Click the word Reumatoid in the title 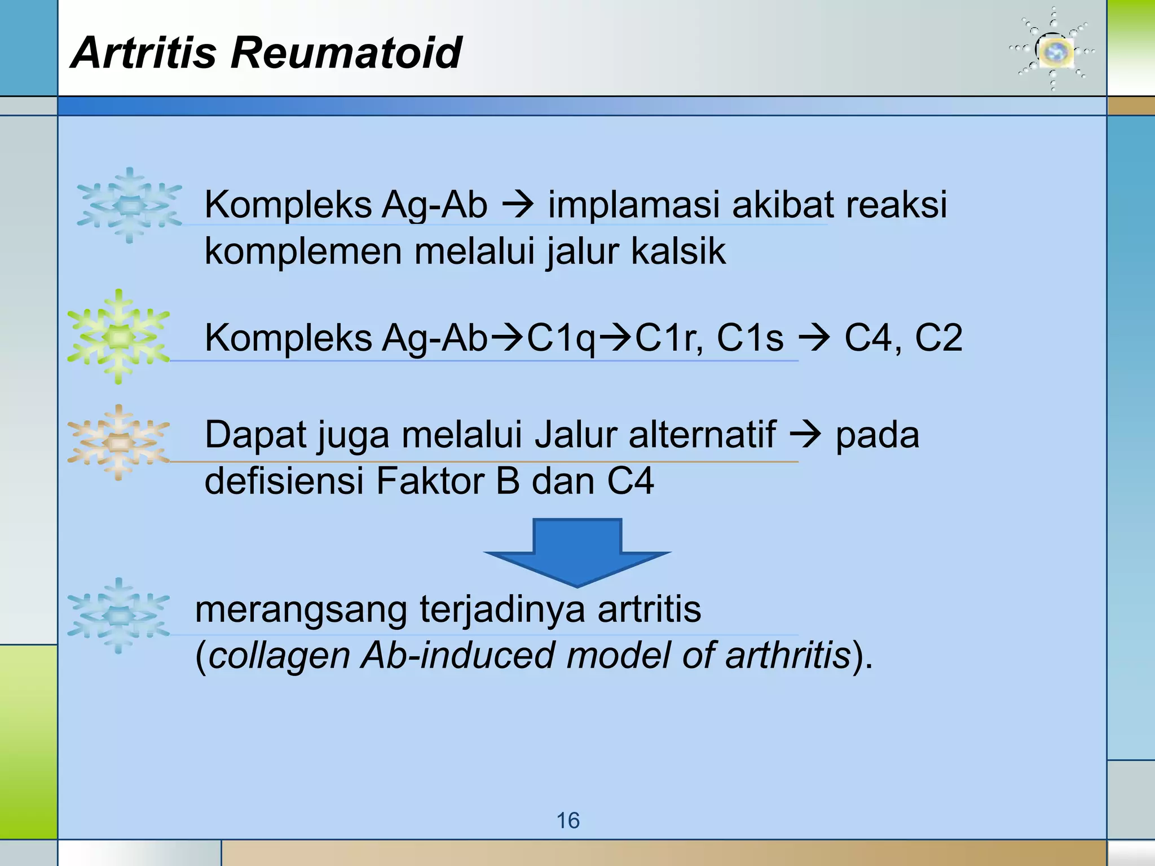[x=346, y=52]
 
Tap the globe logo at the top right [x=1052, y=51]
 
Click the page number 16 [x=568, y=820]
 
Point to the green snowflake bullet [x=118, y=337]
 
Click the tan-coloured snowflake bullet [x=118, y=443]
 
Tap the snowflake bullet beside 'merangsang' [x=118, y=616]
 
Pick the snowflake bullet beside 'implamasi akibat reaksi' [x=130, y=206]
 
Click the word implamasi [x=634, y=205]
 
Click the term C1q [x=561, y=338]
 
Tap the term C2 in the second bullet [x=938, y=338]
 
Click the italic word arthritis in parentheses [x=788, y=655]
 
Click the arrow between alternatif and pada [x=805, y=435]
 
